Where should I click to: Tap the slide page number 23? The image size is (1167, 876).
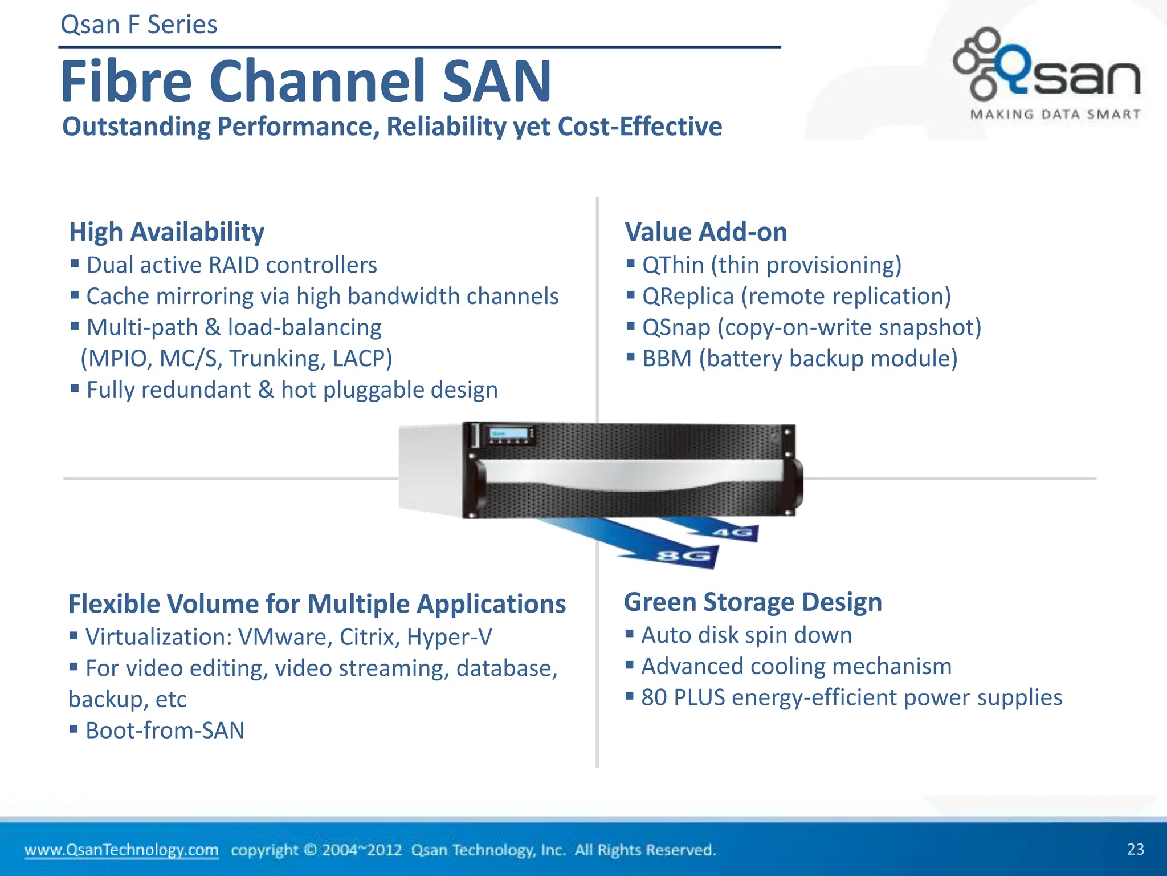[1135, 849]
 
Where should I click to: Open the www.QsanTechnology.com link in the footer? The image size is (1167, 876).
[121, 850]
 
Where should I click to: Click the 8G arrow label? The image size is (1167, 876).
[684, 555]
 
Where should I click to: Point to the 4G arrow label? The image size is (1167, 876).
[733, 533]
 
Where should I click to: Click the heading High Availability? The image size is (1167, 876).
[166, 232]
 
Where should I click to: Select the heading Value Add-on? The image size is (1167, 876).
[705, 232]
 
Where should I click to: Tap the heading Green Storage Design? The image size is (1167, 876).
[752, 602]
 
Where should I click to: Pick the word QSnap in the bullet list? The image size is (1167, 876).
[676, 328]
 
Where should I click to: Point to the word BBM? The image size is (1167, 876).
[666, 359]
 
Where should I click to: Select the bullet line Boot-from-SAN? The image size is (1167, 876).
[165, 731]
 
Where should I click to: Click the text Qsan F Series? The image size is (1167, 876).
[139, 25]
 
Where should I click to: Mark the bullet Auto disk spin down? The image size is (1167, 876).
[746, 635]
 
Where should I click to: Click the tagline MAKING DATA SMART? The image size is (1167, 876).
[1055, 115]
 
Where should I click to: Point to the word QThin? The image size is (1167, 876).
[673, 265]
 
